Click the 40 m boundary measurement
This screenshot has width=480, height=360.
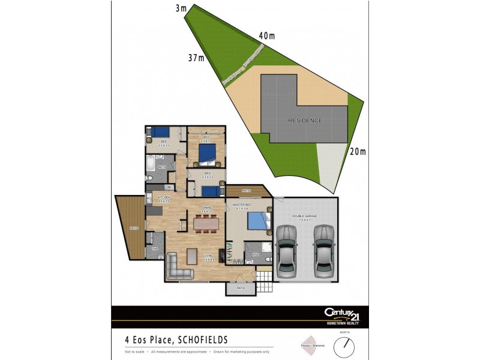[267, 35]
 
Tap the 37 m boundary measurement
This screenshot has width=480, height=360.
[196, 58]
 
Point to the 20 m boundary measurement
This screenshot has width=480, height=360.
[358, 152]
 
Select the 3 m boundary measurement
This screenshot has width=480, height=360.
[180, 8]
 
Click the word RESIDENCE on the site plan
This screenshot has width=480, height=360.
[305, 121]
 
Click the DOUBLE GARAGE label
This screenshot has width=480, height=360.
[305, 216]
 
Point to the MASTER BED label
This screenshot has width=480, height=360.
[241, 206]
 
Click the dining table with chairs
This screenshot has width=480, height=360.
[205, 223]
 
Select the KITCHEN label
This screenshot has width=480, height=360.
[164, 197]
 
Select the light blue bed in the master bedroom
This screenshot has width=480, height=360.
[256, 221]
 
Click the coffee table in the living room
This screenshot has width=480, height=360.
[191, 256]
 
